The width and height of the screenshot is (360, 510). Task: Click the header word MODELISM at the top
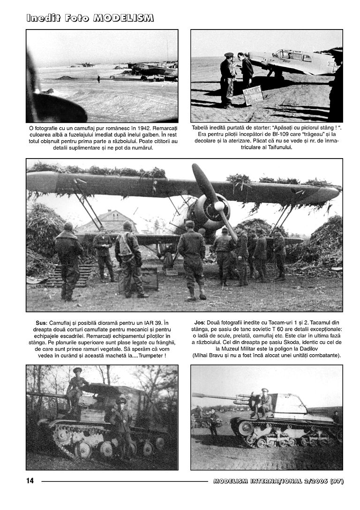124,18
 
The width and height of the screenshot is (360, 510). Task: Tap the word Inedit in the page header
44,18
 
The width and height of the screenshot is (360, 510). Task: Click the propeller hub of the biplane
219,206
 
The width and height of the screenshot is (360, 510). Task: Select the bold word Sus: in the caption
41,323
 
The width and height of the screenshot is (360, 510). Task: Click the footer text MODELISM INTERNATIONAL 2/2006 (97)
278,481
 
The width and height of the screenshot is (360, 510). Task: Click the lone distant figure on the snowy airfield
98,78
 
